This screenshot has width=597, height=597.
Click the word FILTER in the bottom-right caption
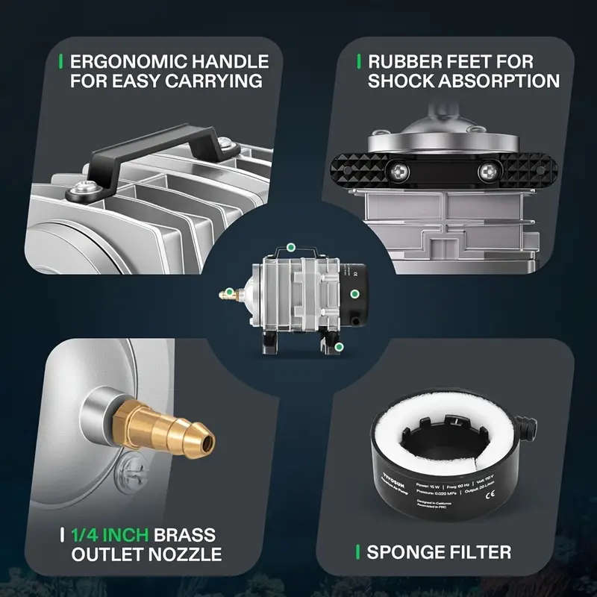[x=482, y=552]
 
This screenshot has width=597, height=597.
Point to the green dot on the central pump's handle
[x=291, y=246]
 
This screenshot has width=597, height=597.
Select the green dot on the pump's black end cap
[x=355, y=293]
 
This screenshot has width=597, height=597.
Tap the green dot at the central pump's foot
[x=340, y=347]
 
